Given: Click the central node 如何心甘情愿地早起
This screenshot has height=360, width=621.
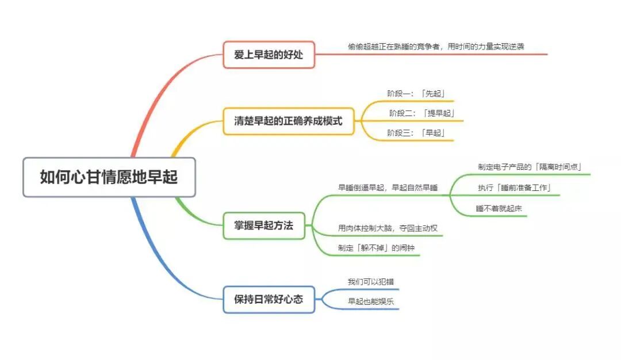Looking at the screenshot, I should point(109,177).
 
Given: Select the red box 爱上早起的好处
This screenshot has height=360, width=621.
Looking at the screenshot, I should point(269,55).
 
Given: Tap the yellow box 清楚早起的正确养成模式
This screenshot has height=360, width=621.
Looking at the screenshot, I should point(288,121).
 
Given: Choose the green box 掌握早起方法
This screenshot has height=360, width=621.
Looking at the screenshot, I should point(264,226).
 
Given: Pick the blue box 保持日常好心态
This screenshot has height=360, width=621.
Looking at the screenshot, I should point(269,299).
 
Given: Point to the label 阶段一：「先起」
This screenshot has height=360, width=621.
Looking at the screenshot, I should point(416,93).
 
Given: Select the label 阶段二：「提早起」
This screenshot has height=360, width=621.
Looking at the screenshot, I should point(422,113).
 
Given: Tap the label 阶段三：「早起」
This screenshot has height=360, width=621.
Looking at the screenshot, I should point(416,133).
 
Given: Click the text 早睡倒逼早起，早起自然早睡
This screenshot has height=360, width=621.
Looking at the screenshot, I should point(388,187).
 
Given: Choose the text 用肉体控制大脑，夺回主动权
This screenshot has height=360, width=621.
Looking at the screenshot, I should point(388,228).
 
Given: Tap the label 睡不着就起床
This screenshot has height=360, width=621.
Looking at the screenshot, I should point(499,209).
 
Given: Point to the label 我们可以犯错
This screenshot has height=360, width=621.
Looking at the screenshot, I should point(371,282).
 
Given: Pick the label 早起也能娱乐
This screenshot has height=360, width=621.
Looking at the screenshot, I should point(371,301).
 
